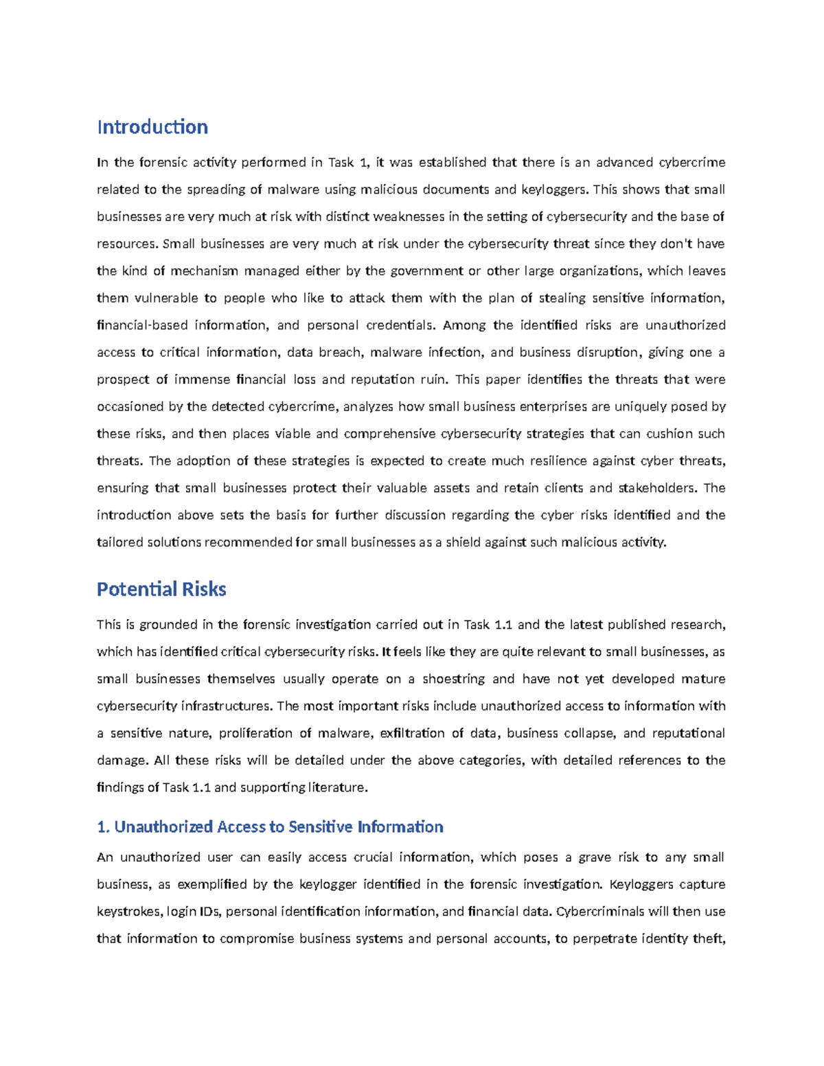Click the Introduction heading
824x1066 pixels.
(152, 128)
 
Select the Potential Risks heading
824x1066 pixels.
(161, 590)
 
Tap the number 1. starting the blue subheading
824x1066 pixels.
(103, 827)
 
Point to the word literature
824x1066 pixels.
(336, 787)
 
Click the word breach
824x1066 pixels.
(344, 352)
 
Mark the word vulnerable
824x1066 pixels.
(165, 298)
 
